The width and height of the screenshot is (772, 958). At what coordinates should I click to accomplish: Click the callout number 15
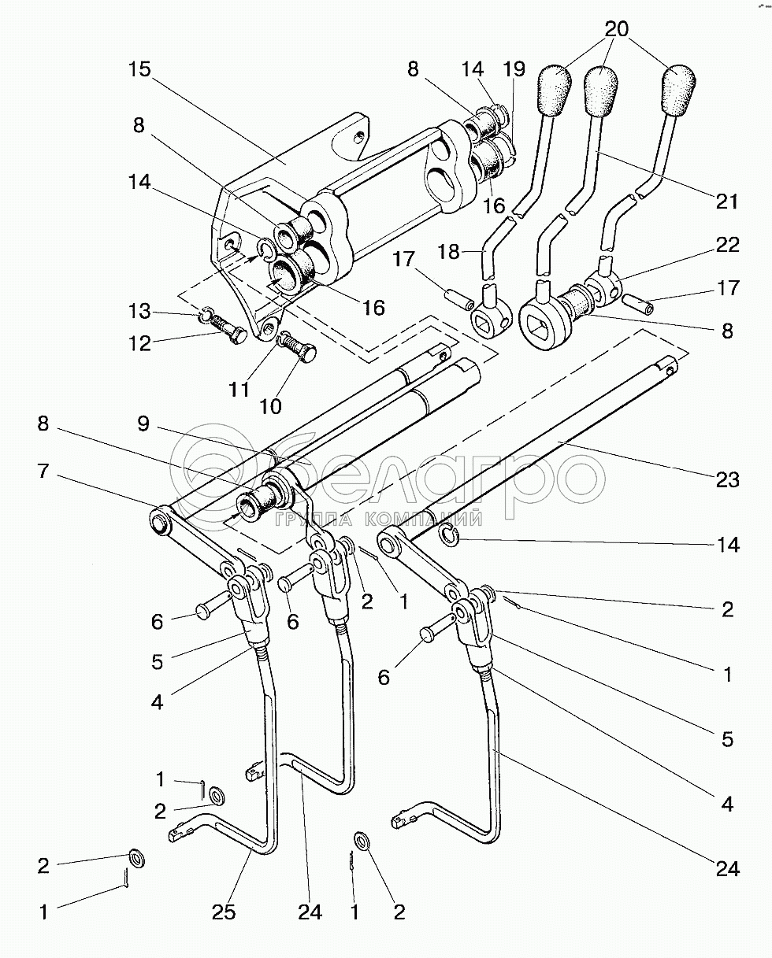140,69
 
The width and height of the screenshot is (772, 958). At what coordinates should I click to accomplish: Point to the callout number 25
224,913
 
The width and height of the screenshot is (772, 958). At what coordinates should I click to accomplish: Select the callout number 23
727,479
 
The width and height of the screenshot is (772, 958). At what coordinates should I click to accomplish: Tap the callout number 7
43,471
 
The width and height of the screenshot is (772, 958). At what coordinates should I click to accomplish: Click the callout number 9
143,424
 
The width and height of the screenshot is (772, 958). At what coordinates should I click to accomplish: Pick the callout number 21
727,202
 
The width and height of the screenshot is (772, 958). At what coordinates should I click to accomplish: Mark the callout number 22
727,244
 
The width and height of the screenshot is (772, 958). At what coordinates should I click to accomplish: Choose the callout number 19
514,69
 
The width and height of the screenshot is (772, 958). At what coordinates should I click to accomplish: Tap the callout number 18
448,252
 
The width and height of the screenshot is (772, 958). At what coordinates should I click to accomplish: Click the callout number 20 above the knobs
617,29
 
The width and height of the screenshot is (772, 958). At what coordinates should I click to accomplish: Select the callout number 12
140,343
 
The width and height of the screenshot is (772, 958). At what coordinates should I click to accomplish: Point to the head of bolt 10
307,354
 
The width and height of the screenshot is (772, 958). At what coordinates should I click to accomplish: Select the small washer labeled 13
206,313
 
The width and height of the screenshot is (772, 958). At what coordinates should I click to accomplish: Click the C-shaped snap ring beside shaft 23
451,535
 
